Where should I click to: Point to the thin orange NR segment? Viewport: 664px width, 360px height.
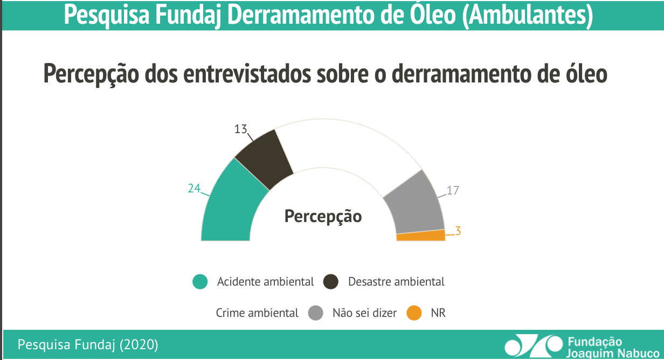pos(421,236)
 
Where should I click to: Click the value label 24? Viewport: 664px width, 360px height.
pos(194,188)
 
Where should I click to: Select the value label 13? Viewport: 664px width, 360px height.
pos(240,129)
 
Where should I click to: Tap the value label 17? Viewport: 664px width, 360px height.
pos(453,191)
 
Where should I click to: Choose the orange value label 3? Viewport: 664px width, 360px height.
pos(458,231)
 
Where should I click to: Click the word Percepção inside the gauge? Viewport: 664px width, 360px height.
pos(323,217)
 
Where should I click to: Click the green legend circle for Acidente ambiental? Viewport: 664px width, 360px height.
pos(200,282)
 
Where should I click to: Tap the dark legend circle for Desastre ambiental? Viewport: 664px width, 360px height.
pos(330,282)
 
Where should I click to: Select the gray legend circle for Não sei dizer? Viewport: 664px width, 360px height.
pos(316,313)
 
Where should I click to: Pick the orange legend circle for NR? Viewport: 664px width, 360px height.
pos(414,313)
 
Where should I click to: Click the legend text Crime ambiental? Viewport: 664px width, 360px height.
pos(257,313)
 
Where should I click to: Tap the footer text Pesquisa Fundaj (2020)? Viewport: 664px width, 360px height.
pos(88,344)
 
